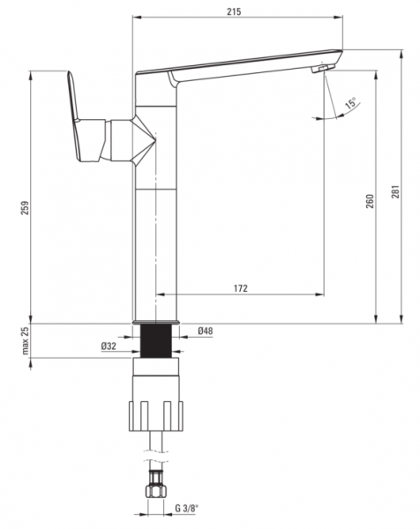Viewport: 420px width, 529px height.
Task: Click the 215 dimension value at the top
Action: (234, 11)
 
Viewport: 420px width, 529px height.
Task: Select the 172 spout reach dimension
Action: (240, 288)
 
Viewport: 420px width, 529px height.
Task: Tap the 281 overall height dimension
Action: (395, 191)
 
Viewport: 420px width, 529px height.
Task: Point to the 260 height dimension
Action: (370, 201)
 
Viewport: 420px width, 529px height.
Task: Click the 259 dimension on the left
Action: (25, 208)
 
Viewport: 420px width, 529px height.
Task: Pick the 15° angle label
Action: (350, 102)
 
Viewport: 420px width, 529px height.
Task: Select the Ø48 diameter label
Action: (206, 331)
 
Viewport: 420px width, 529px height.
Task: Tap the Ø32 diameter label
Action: (109, 346)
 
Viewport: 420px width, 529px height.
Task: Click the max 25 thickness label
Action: (25, 340)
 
